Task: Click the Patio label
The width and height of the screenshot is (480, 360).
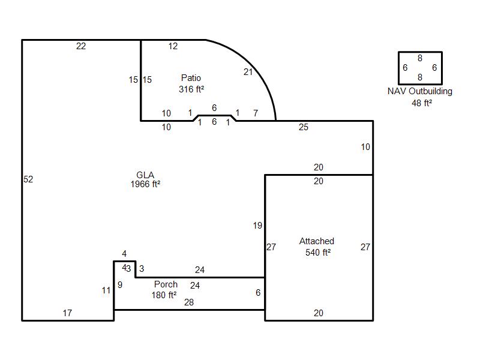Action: tap(191, 78)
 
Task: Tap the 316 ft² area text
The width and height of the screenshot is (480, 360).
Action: tap(191, 89)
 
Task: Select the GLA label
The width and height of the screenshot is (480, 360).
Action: tap(145, 175)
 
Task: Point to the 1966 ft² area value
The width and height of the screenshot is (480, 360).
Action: tap(145, 184)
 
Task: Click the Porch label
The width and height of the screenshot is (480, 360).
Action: tap(166, 284)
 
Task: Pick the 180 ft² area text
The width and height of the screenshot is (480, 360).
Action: tap(164, 295)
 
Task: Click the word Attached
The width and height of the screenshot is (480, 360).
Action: tap(317, 241)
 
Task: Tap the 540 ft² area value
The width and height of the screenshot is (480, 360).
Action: tap(318, 252)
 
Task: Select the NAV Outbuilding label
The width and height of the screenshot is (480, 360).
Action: tap(419, 91)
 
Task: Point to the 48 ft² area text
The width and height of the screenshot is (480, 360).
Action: tap(422, 103)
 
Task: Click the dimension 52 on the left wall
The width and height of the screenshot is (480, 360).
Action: tap(28, 179)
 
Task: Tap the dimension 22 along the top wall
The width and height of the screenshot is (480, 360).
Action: tap(81, 46)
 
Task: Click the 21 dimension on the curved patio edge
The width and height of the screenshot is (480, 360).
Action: tap(248, 72)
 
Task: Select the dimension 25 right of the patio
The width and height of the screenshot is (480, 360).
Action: tap(304, 127)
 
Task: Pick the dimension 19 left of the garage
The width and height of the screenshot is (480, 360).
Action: tap(257, 226)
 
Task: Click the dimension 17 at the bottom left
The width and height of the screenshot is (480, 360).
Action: tap(67, 313)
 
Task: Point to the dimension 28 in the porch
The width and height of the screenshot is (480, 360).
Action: tap(189, 302)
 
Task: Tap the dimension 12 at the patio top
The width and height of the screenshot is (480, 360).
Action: tap(173, 46)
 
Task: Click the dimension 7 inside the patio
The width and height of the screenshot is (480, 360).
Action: tap(256, 113)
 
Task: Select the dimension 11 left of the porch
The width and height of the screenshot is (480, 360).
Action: tap(106, 290)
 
